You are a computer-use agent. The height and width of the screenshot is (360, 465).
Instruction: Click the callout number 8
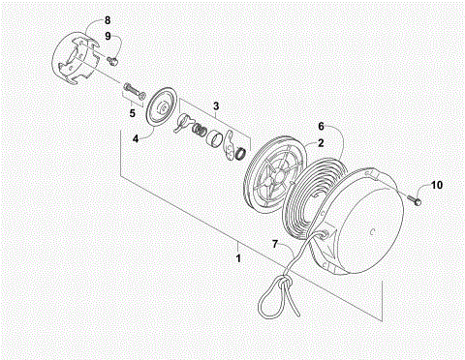(x=107, y=19)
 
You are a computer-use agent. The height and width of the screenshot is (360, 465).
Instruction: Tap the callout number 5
(x=133, y=112)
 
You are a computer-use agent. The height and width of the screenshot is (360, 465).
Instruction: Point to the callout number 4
(x=136, y=138)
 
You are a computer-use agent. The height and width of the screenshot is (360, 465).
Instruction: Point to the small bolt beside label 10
(x=414, y=199)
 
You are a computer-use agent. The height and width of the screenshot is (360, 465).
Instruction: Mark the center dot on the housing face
(x=375, y=230)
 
